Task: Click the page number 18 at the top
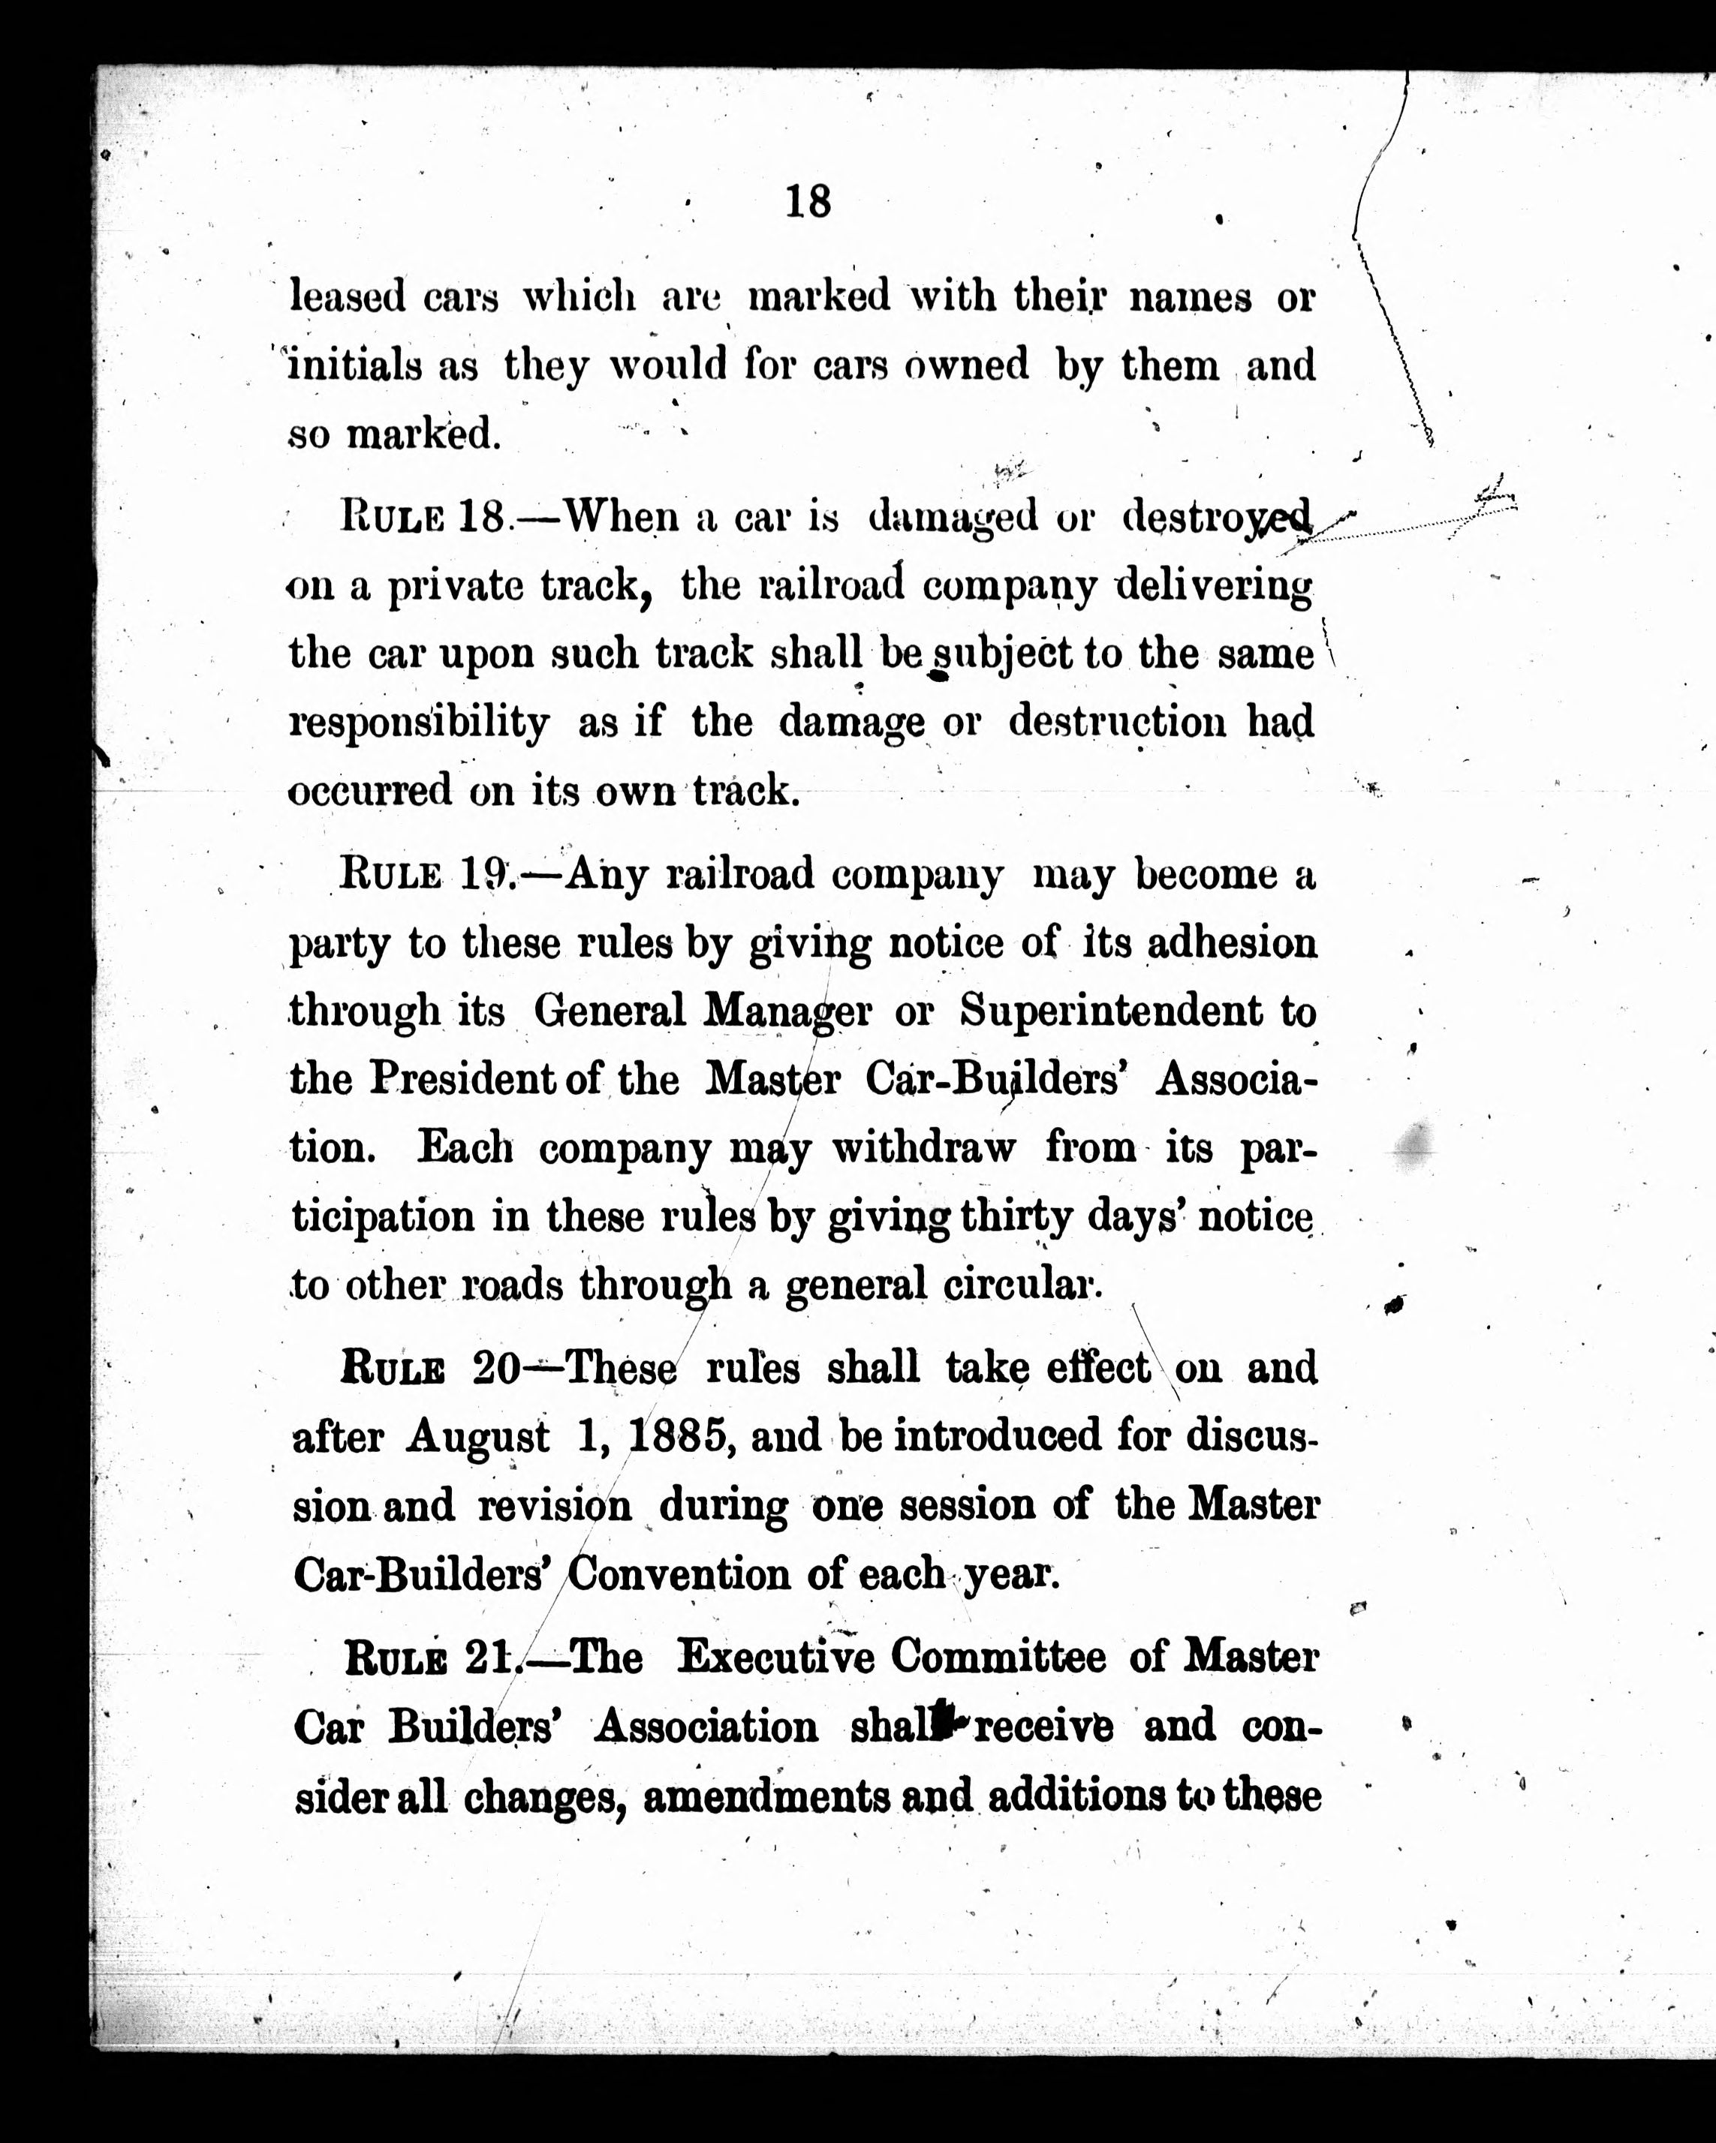coord(807,202)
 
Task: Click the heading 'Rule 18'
coord(423,517)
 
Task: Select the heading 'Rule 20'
coord(429,1369)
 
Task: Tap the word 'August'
coord(477,1438)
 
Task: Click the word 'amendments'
coord(766,1796)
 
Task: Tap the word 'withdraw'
coord(923,1148)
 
